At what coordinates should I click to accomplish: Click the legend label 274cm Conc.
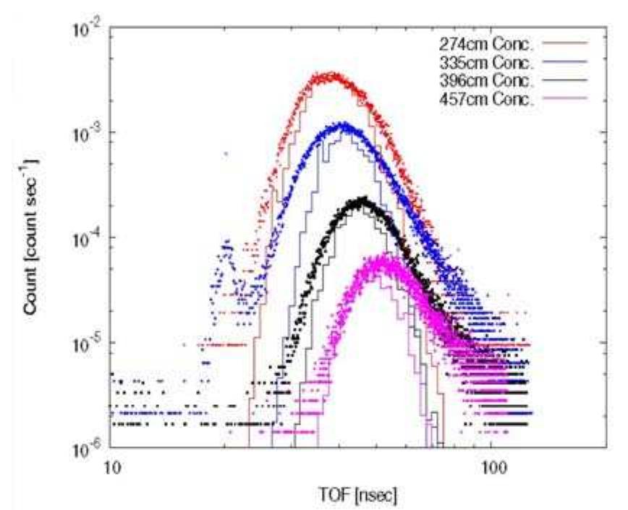487,44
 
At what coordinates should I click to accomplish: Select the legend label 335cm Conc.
487,62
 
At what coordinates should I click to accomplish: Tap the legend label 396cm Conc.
487,80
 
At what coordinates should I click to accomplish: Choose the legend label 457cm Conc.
487,98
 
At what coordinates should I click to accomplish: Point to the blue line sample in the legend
565,61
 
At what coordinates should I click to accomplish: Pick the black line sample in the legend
565,80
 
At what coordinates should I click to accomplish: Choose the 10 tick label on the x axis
111,467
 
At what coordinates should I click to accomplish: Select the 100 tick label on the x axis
491,467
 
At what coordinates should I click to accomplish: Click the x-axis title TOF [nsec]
357,496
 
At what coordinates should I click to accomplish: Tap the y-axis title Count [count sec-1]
32,237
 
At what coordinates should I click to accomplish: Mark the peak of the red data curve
326,76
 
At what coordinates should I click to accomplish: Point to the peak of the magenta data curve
384,256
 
